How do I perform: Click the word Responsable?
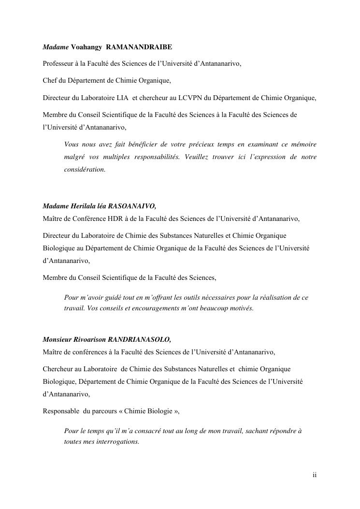(61, 411)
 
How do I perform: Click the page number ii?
(315, 475)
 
